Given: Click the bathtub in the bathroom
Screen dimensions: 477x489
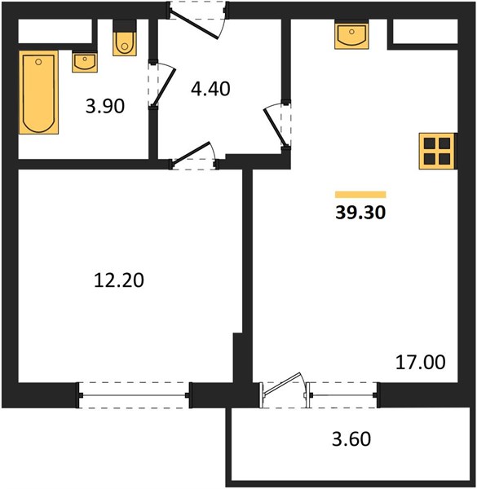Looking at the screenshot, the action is (x=38, y=92).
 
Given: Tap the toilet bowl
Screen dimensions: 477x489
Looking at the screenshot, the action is (x=125, y=44).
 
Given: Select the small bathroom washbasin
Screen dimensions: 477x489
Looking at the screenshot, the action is (x=85, y=63).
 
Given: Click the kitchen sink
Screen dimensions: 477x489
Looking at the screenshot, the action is (x=351, y=36).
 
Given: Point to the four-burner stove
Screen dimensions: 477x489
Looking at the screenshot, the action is (x=437, y=152).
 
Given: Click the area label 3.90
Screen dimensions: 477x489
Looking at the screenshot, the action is (x=105, y=106).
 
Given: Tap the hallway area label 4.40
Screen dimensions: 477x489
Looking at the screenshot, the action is (x=210, y=89).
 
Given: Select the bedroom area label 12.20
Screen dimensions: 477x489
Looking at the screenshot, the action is (x=119, y=280).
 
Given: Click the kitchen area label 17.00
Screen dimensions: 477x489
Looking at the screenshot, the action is (x=420, y=362).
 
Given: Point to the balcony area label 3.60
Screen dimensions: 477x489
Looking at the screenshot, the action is (x=351, y=438).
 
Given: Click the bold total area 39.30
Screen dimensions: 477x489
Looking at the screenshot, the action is (x=360, y=213).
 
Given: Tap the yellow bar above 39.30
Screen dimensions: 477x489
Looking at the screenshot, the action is (x=360, y=195).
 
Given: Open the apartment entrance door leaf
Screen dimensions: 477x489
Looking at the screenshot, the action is (x=194, y=25).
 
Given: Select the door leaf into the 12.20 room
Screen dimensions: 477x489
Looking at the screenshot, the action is (x=191, y=153).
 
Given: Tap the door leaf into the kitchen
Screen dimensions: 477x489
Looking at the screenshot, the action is (x=275, y=127).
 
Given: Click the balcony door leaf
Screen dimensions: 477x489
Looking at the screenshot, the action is (x=282, y=384).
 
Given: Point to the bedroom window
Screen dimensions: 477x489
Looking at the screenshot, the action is (x=134, y=395).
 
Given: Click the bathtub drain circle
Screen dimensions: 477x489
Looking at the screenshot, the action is (x=38, y=62).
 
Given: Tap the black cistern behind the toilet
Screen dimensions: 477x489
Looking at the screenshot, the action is (x=125, y=25).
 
